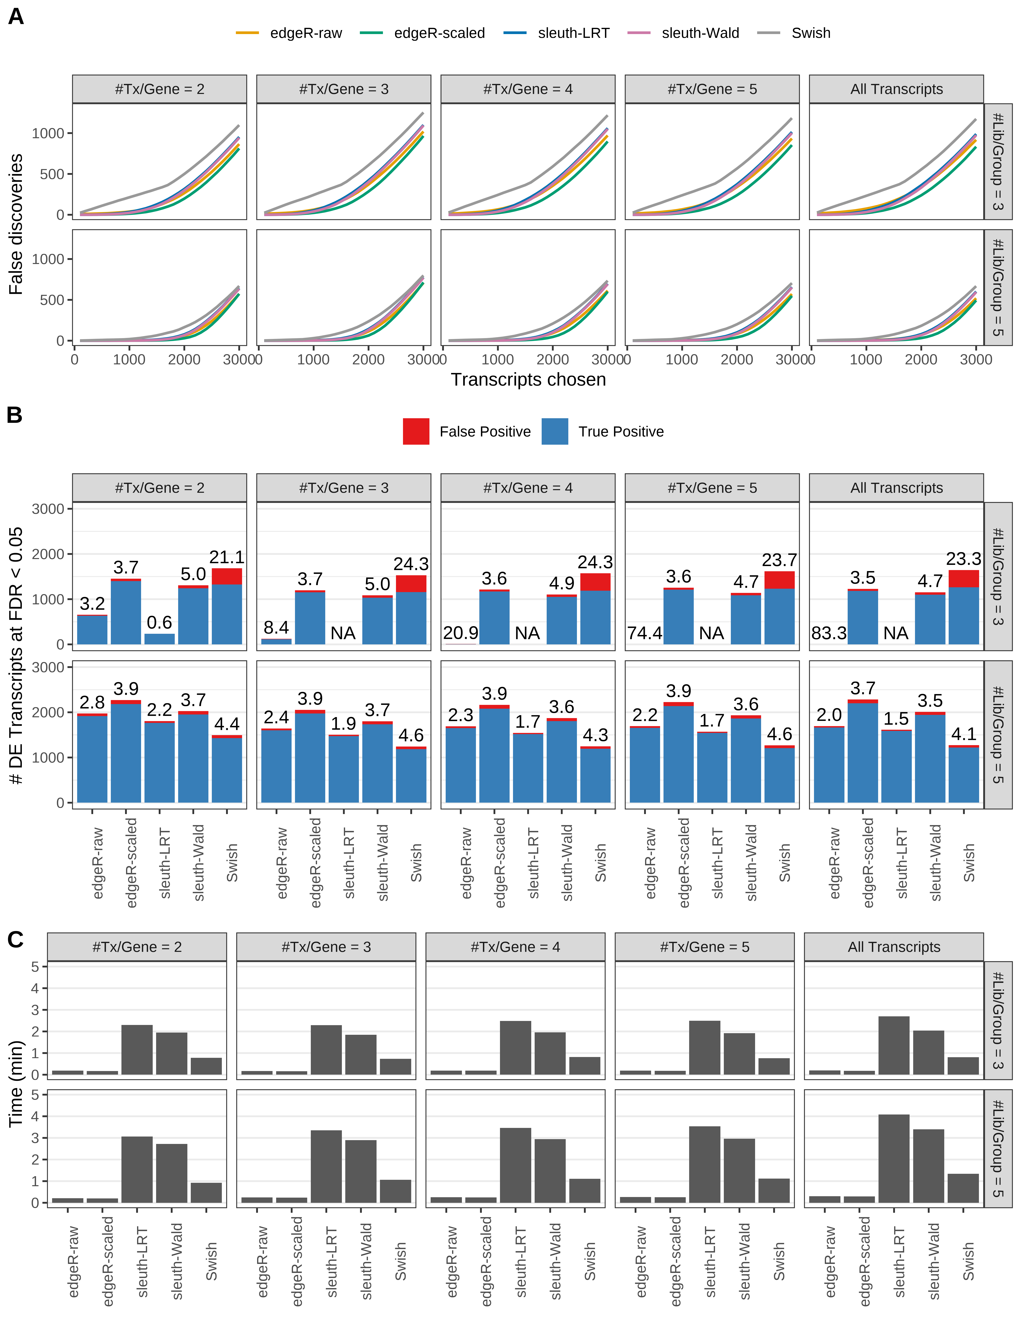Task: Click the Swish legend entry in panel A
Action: click(x=810, y=33)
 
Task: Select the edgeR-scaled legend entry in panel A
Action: click(x=439, y=33)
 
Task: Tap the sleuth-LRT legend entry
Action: click(x=573, y=33)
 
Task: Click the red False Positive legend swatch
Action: click(x=416, y=432)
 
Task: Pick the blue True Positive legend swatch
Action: click(x=555, y=432)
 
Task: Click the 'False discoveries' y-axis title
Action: click(x=16, y=224)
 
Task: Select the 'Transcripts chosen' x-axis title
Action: click(x=528, y=380)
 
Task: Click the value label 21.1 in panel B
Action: click(x=227, y=557)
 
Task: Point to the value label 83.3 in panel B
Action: click(x=829, y=633)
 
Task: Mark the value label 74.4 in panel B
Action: click(x=644, y=633)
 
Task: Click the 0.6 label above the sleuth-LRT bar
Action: click(x=159, y=622)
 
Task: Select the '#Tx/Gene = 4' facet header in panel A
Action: click(x=527, y=89)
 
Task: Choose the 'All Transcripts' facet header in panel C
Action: click(x=894, y=947)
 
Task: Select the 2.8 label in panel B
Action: click(x=92, y=702)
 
